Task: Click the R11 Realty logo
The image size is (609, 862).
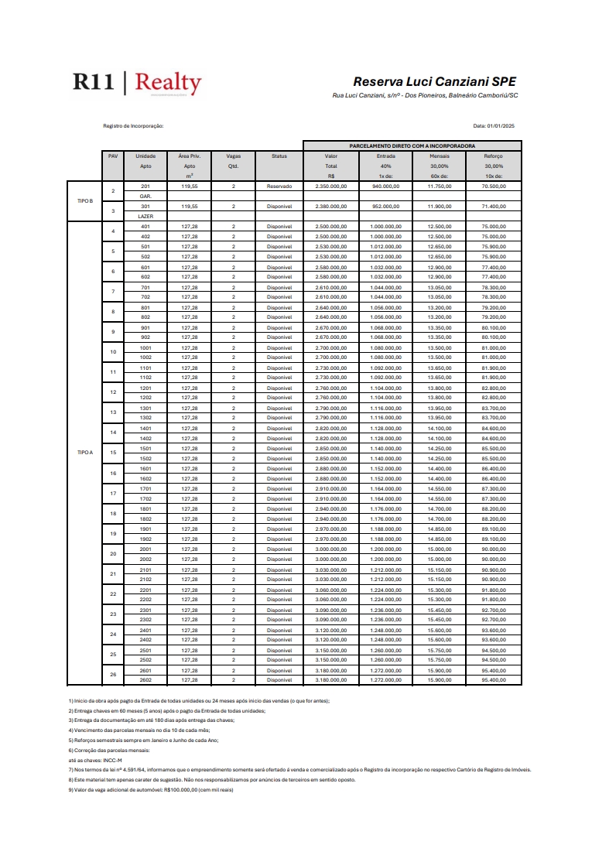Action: (137, 83)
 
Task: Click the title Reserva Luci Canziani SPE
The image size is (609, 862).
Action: (434, 81)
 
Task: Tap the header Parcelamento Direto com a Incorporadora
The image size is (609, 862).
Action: (412, 145)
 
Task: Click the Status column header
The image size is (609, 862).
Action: (279, 156)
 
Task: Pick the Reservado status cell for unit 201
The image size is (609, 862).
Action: (279, 186)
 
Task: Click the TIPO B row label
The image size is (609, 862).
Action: (85, 201)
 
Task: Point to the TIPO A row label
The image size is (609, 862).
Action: (85, 453)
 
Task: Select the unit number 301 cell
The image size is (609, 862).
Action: (145, 207)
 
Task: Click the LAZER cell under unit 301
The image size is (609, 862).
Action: (145, 217)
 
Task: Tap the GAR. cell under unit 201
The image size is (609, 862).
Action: (145, 197)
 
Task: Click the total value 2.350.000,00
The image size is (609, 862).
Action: (331, 186)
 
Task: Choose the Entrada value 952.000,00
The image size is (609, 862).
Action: (385, 207)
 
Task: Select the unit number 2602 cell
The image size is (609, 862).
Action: (145, 680)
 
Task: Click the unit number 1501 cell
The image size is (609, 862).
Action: (145, 449)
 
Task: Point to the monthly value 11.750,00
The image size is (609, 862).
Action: (440, 186)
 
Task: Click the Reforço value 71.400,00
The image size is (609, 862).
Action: (493, 207)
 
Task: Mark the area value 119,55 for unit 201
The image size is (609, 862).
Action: (190, 186)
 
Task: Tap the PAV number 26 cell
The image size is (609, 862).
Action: (113, 675)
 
